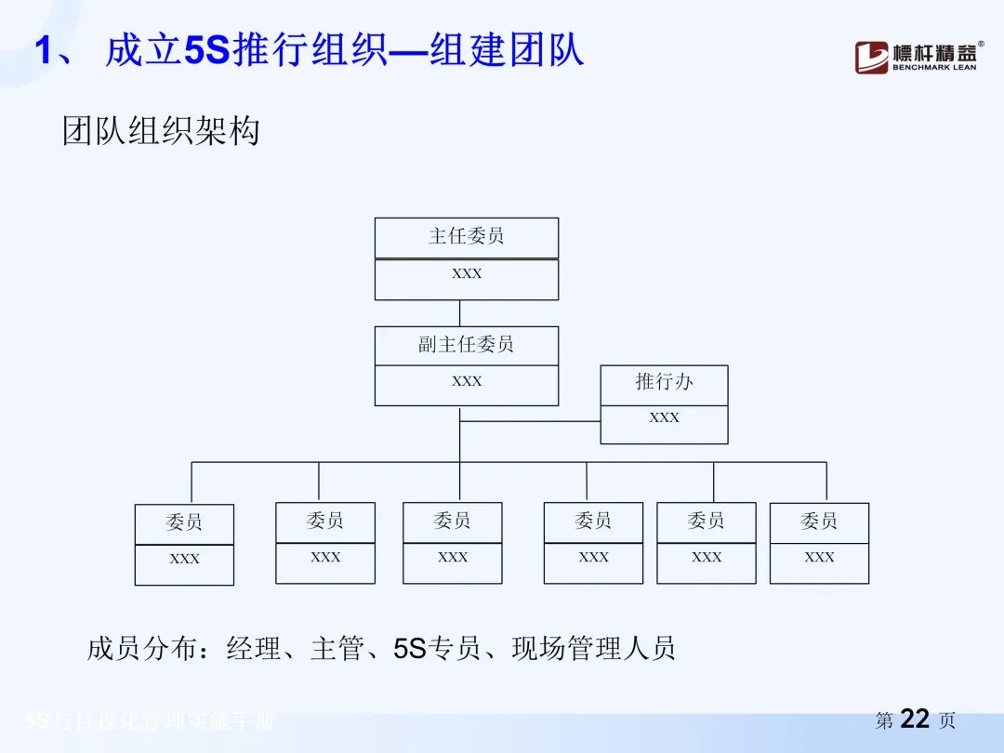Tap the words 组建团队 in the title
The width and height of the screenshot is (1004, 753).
(507, 50)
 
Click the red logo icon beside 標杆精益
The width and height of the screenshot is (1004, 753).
(871, 58)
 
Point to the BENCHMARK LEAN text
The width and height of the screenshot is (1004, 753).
(934, 67)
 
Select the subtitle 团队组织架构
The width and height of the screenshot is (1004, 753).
(161, 131)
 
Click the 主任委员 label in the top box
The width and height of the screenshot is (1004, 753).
(467, 236)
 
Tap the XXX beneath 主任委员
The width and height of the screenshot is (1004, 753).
(467, 274)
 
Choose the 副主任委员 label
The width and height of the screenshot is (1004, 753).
(467, 345)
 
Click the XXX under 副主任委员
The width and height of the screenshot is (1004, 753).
(467, 381)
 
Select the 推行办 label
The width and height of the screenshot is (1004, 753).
(664, 381)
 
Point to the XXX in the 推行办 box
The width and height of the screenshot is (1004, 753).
(664, 418)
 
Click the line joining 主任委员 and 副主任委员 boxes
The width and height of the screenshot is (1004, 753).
(460, 313)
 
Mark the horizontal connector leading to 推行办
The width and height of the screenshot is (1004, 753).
(530, 421)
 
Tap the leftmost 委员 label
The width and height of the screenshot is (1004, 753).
(184, 522)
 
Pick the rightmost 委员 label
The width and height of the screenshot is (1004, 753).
(819, 522)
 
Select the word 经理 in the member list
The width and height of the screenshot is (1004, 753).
(254, 648)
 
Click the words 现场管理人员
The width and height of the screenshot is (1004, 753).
(593, 648)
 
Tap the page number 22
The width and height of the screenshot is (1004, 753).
(916, 720)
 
